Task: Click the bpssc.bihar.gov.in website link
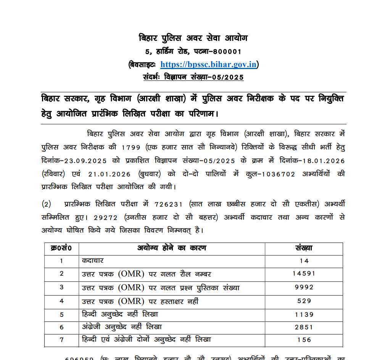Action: click(208, 64)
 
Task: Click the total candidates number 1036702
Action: click(275, 174)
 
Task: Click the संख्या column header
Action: click(304, 248)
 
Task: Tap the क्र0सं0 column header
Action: click(61, 248)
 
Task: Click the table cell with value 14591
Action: click(304, 274)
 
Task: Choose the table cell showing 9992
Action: click(304, 288)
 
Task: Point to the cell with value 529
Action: click(304, 301)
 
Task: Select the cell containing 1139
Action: click(304, 315)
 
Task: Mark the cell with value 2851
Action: click(304, 327)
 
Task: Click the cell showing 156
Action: click(304, 340)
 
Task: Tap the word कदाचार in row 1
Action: click(93, 261)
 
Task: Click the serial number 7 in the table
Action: click(61, 340)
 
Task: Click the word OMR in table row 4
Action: click(131, 301)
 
